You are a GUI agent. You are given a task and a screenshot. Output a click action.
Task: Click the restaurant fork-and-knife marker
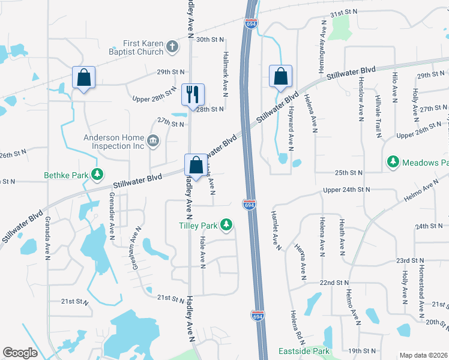click(193, 95)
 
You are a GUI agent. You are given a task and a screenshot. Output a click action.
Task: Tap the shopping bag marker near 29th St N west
click(83, 77)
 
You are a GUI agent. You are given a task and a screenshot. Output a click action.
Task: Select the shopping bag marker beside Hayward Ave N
click(280, 76)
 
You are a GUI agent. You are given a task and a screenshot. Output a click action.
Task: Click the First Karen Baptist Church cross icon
click(172, 47)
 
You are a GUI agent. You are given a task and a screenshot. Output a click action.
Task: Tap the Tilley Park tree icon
click(226, 225)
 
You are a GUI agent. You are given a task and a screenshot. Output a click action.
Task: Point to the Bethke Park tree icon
click(96, 175)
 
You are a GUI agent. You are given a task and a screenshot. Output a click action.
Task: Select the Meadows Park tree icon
click(393, 162)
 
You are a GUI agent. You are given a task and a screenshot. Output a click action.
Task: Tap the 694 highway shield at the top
click(252, 23)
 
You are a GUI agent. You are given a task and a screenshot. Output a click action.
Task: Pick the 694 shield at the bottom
click(257, 316)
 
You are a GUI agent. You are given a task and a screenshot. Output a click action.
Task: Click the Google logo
click(20, 353)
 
